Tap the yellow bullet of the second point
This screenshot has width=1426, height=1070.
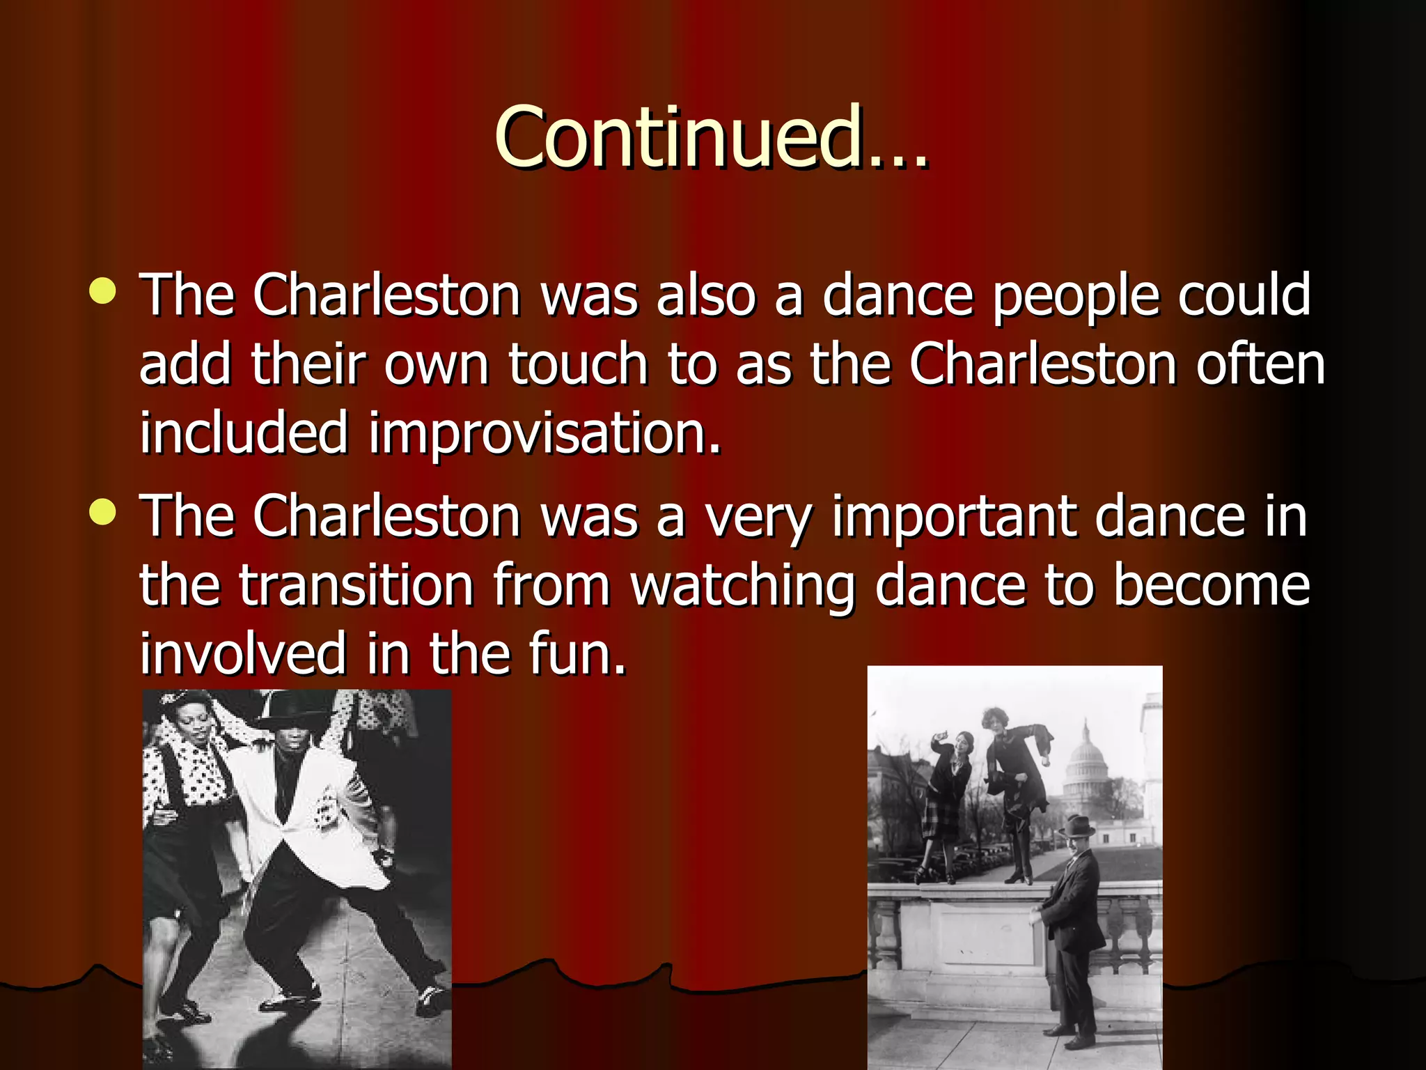pyautogui.click(x=103, y=513)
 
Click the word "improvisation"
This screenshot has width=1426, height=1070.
pyautogui.click(x=544, y=433)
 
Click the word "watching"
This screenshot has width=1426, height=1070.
pyautogui.click(x=742, y=587)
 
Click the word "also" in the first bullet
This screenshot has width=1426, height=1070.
pyautogui.click(x=706, y=295)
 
